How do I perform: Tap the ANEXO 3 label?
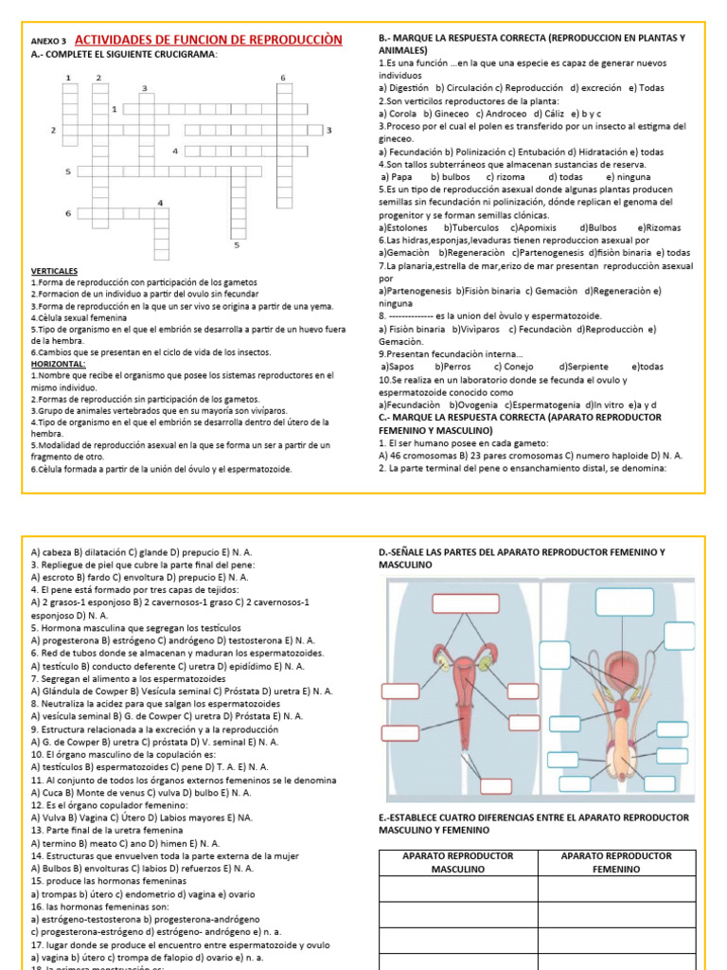48,42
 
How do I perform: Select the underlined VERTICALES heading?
54,271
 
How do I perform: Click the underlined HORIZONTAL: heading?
58,363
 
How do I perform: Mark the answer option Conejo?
517,367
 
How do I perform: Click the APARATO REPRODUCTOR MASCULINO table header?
457,862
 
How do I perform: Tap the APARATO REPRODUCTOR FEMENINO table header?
616,862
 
